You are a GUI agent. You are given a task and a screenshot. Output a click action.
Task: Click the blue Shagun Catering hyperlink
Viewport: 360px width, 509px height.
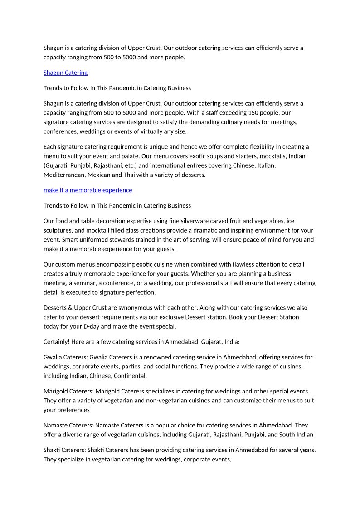point(65,73)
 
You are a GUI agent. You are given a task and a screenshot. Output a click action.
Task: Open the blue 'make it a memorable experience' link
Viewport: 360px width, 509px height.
point(88,190)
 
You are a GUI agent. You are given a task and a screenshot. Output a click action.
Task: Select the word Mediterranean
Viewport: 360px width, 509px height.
point(63,175)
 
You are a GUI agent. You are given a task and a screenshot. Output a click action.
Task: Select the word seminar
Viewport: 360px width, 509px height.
point(82,283)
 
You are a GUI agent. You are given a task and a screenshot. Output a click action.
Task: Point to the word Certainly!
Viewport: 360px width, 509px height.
point(59,342)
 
